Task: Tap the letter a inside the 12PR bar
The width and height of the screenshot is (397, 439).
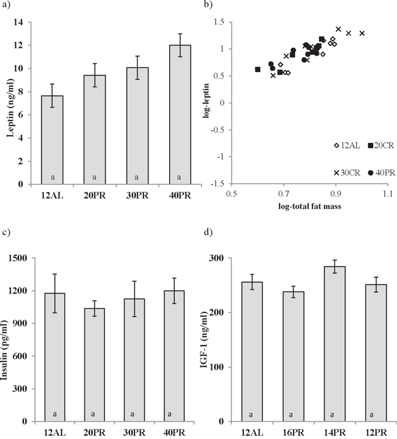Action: (x=376, y=415)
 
